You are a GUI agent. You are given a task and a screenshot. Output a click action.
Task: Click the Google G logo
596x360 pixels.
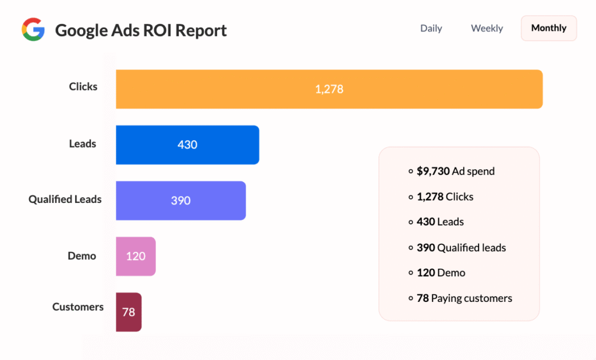point(33,30)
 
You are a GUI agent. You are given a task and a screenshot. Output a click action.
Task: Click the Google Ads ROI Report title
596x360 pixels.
point(141,30)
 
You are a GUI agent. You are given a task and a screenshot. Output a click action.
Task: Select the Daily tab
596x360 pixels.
point(431,28)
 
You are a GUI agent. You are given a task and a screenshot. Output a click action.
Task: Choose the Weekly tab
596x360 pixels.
point(487,28)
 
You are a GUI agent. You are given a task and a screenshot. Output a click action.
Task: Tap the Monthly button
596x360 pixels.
point(548,28)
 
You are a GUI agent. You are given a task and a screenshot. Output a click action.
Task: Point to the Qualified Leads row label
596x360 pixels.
point(65,199)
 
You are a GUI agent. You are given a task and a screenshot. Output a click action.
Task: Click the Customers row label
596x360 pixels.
point(78,307)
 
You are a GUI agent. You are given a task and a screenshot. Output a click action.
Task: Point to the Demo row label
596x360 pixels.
point(81,256)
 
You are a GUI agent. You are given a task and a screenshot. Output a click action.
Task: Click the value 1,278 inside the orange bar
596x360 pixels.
point(329,89)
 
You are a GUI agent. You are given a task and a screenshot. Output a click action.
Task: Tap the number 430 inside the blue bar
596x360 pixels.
point(187,145)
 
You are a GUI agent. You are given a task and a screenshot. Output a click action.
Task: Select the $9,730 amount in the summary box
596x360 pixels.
point(433,172)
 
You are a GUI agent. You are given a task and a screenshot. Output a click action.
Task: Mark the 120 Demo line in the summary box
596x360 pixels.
point(441,273)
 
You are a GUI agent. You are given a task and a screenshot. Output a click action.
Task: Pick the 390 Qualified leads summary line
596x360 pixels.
point(461,248)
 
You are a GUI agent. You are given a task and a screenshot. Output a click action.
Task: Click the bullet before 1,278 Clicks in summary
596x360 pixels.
point(411,197)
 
